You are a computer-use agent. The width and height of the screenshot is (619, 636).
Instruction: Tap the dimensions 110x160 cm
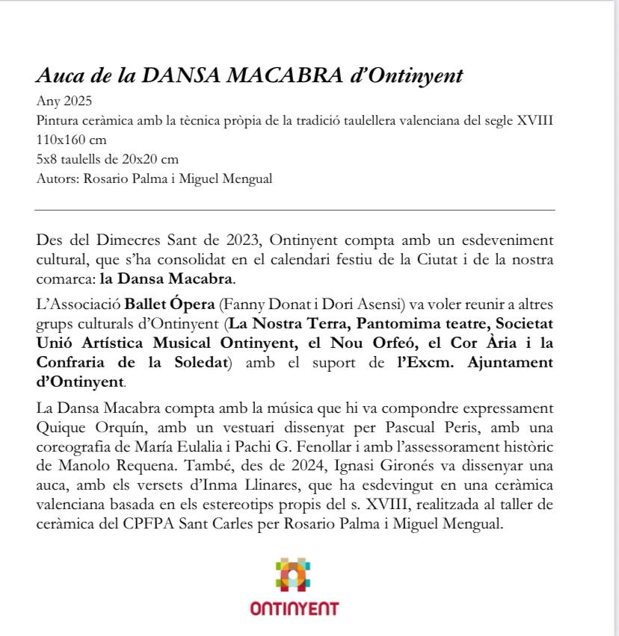pos(71,140)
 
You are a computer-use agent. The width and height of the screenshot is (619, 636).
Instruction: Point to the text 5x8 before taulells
pos(46,159)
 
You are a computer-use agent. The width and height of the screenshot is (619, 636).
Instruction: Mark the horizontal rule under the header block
pos(295,211)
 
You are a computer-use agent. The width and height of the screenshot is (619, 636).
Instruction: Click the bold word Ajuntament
pos(499,363)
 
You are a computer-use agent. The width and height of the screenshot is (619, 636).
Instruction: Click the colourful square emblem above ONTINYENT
pos(294,576)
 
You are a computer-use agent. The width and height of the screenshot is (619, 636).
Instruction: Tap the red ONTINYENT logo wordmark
pos(295,608)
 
